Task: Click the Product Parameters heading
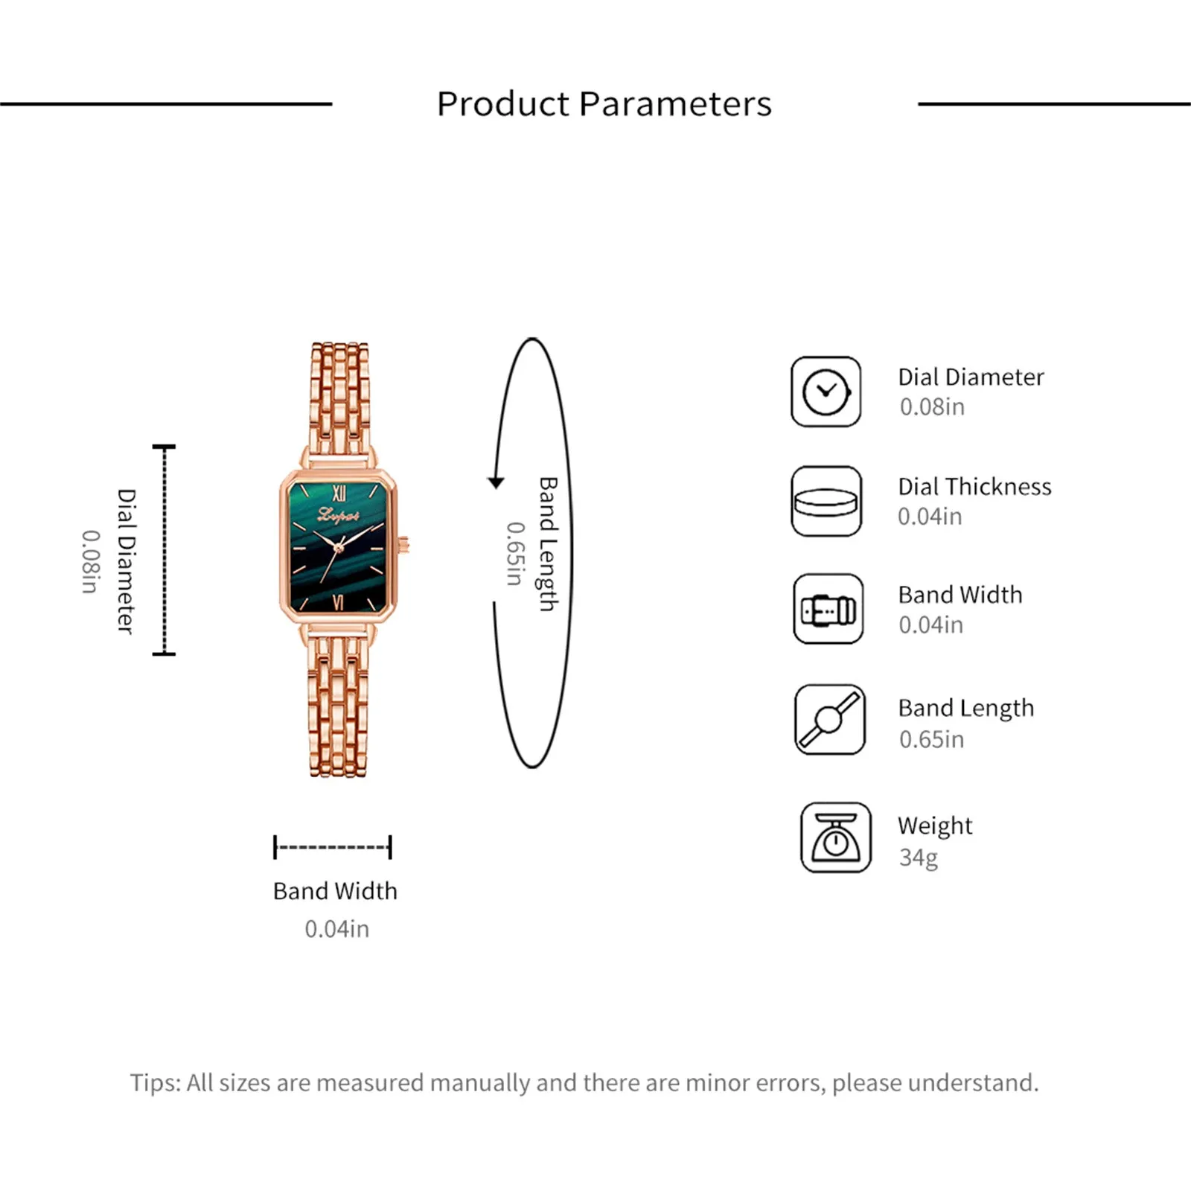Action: tap(604, 104)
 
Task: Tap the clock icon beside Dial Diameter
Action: tap(826, 392)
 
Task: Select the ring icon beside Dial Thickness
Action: tap(826, 501)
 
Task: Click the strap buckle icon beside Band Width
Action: tap(828, 609)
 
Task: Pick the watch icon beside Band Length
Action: tap(829, 720)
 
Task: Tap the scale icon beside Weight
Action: tap(835, 837)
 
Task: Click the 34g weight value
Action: tap(918, 858)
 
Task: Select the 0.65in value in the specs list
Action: tap(931, 739)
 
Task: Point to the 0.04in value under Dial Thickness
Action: tap(930, 516)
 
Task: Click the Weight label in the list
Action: tap(935, 826)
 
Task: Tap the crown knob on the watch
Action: tap(404, 546)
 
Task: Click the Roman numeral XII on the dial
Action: tap(339, 493)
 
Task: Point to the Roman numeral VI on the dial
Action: tap(339, 602)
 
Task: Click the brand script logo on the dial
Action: tap(339, 514)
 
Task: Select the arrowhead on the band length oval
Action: tap(496, 482)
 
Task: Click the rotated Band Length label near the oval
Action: tap(549, 544)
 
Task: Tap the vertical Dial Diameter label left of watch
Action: tap(127, 561)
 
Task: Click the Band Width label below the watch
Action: tap(335, 891)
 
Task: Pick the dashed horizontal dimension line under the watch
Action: tap(333, 847)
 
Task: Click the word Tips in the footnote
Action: tap(155, 1083)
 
